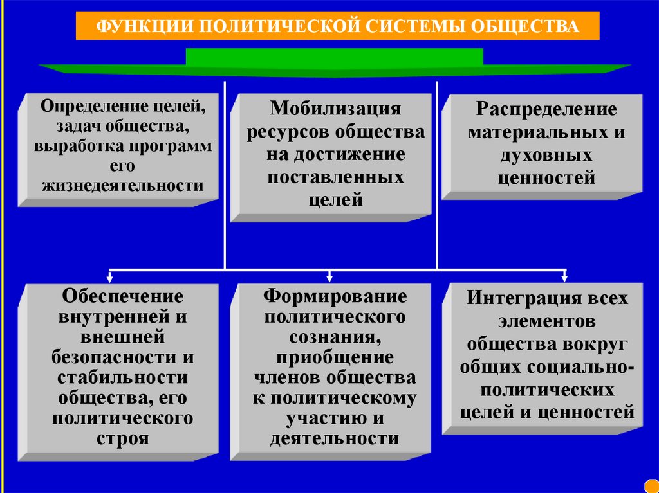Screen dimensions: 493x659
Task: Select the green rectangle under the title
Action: [334, 57]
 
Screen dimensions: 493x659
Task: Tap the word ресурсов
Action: [286, 132]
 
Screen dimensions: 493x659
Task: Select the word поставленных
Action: [335, 177]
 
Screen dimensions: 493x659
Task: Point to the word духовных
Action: [545, 155]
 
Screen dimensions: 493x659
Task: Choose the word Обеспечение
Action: [122, 296]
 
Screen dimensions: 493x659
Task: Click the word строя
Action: [122, 440]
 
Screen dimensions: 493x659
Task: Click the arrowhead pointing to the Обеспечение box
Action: [110, 278]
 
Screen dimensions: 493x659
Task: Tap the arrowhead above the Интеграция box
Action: [564, 278]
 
